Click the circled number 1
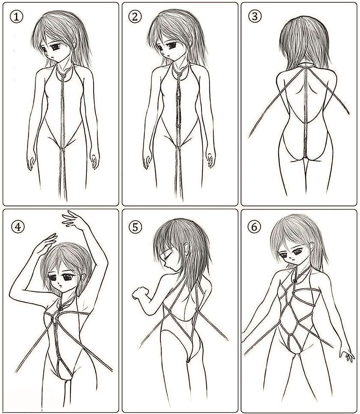coord(17,17)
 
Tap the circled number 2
coord(135,17)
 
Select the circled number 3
coord(255,16)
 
